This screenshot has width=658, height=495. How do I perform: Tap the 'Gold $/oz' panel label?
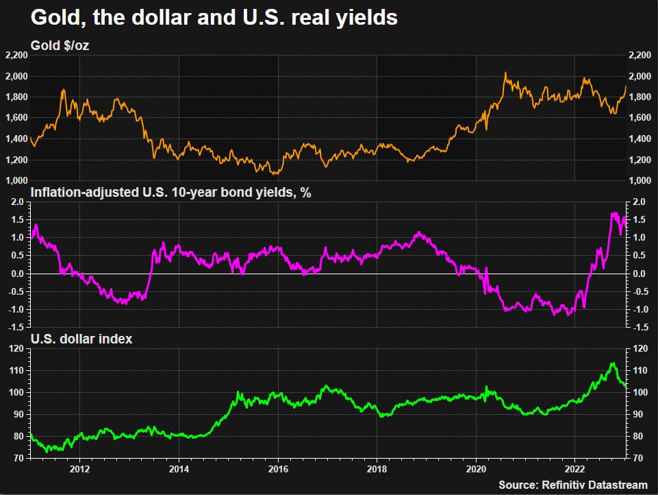click(x=60, y=46)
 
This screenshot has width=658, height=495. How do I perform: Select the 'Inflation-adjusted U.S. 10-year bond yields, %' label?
click(x=171, y=193)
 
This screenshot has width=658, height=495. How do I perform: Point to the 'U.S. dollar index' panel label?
click(x=82, y=339)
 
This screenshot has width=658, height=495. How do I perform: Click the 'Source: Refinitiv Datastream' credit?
click(x=572, y=485)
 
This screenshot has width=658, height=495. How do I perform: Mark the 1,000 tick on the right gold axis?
click(x=641, y=181)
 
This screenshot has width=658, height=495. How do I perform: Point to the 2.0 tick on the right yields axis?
click(x=640, y=202)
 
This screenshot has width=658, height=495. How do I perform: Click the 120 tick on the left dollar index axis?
click(x=17, y=348)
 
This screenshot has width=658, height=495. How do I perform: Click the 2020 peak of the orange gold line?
click(x=505, y=73)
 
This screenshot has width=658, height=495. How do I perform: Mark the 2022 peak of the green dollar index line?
click(x=613, y=363)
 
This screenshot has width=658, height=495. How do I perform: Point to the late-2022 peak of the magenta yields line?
click(x=613, y=213)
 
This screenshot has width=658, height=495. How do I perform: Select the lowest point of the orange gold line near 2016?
click(x=273, y=173)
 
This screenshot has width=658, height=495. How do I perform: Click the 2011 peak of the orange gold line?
click(x=63, y=90)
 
